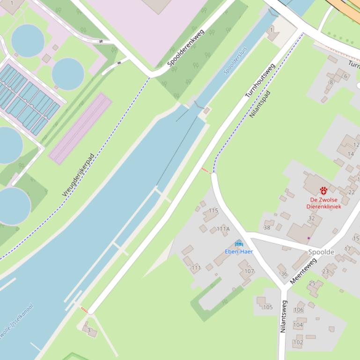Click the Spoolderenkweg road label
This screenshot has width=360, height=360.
186,47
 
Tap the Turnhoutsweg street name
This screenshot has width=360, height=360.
260,80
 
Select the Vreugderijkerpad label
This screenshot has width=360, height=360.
78,174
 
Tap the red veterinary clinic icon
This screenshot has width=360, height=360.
323,190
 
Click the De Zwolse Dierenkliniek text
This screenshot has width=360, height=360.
323,203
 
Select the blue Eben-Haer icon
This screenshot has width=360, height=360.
239,244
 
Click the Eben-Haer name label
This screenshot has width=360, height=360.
239,252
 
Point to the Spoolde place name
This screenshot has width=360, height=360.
321,252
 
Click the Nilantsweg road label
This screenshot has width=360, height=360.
283,317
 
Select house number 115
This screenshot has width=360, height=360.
213,210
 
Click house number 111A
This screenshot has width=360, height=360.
223,229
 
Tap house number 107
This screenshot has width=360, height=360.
249,271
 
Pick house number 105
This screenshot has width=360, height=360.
268,307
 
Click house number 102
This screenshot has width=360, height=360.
298,342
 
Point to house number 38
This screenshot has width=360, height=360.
267,228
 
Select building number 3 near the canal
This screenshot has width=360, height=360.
88,330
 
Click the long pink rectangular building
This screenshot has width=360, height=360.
80,129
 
